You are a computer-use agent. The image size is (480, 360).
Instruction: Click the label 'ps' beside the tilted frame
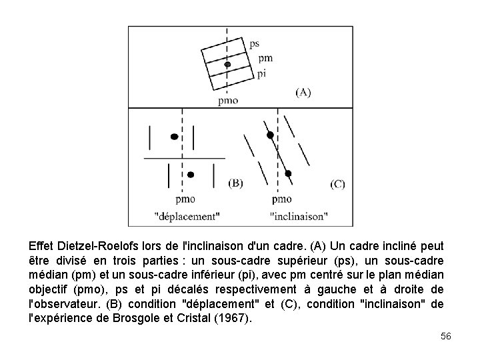(254, 44)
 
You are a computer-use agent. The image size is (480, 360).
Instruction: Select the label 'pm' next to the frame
(265, 58)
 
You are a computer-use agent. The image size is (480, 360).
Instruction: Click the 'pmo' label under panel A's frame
(227, 101)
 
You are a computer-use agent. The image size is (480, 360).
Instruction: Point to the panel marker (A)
(303, 92)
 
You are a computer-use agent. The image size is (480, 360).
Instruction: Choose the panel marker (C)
(337, 183)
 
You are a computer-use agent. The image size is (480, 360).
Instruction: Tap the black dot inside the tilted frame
(228, 64)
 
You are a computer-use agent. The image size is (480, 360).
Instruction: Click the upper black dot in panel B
(174, 137)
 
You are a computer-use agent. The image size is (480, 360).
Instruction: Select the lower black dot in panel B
(190, 175)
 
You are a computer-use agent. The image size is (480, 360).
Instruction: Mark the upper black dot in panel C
(270, 135)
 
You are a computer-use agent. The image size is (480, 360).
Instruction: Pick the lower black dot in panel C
(288, 173)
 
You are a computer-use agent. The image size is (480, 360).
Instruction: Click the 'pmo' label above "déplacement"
(185, 198)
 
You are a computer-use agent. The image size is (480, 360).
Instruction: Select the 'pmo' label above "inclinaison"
(282, 198)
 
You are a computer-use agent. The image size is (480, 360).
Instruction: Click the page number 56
(446, 337)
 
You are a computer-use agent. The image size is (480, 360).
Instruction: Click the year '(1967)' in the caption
(235, 318)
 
